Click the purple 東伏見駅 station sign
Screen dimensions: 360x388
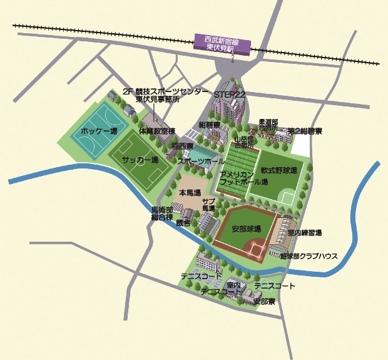222,43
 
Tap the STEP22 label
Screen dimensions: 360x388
230,93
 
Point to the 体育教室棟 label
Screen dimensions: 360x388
157,131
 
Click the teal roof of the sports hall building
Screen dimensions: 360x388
202,152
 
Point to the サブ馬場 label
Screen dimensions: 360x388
208,204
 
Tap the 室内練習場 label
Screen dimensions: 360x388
305,233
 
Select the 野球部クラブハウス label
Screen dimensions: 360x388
309,257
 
